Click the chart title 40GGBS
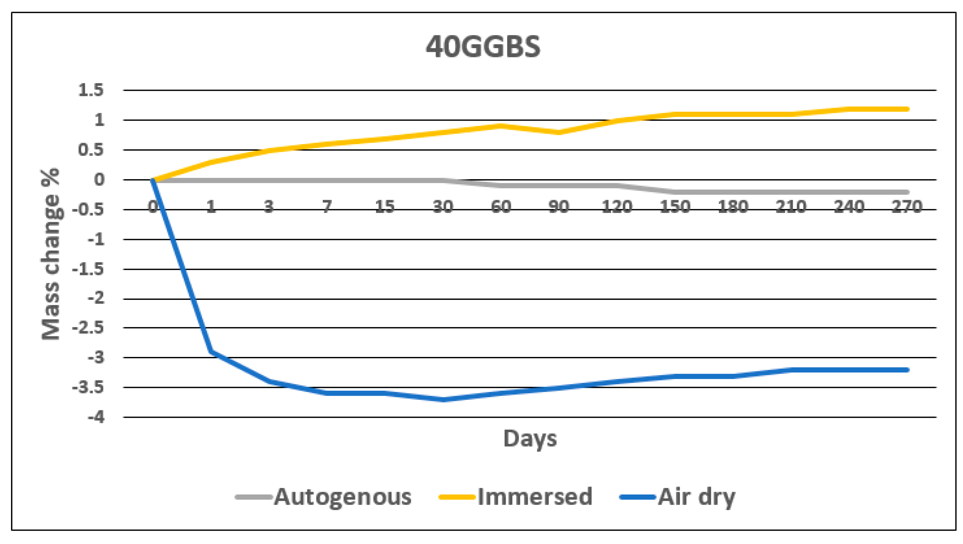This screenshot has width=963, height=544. coord(483,47)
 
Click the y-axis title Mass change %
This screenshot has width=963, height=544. coord(51,254)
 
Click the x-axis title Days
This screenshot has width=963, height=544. coord(530,438)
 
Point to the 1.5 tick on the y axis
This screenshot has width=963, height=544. coord(91,90)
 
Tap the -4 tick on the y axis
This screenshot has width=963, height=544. coord(96,417)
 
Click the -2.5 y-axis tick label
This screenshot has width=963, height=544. coord(88,328)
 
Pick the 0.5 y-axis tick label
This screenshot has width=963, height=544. coord(91,150)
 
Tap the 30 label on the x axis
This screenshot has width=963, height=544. coord(443,207)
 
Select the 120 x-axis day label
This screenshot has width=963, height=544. coord(617,207)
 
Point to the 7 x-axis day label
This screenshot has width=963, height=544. coord(327,207)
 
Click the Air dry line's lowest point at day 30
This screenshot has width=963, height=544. coord(443,400)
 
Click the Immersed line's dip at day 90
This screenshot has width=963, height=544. coord(559,132)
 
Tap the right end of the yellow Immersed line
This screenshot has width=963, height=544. coord(907,109)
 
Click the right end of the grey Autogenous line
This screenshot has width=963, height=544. coord(907,192)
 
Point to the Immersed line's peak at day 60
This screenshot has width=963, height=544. coord(501,126)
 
